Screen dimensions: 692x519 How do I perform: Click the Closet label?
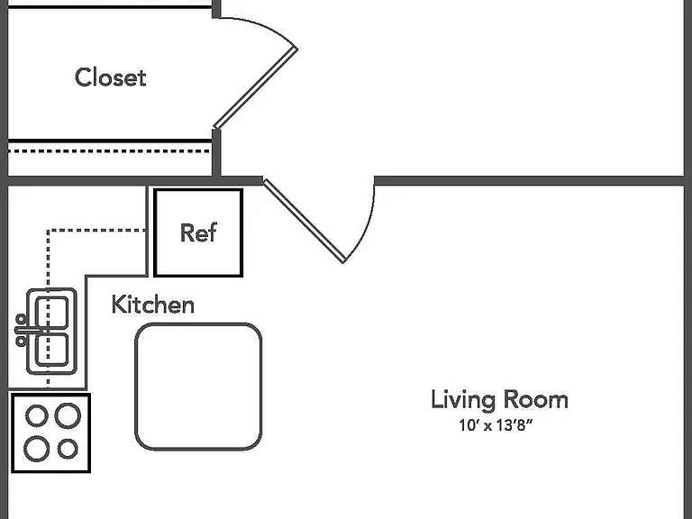tap(110, 77)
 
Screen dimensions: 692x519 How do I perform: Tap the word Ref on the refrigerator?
tap(198, 232)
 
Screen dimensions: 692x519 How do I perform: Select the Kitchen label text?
tap(152, 304)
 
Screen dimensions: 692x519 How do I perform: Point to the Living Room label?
tap(499, 400)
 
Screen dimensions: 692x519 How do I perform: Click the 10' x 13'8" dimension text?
tap(496, 425)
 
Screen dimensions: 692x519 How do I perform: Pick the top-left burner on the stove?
tap(37, 415)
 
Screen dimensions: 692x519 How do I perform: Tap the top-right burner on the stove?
tap(68, 415)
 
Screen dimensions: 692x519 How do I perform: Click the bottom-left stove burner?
tap(36, 449)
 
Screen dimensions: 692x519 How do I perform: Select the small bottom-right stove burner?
tap(68, 449)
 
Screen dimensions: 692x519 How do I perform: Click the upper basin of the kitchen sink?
tap(52, 313)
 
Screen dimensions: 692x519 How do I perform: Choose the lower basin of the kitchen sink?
tap(52, 350)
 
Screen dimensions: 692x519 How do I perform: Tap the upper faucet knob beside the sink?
tap(21, 319)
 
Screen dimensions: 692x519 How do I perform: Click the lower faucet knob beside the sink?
tap(21, 341)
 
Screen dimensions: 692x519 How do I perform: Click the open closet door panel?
tap(256, 88)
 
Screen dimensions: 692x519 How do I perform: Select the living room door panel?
tap(305, 220)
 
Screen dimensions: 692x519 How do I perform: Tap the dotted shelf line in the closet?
tap(109, 151)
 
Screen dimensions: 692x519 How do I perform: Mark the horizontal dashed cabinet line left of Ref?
tap(96, 230)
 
